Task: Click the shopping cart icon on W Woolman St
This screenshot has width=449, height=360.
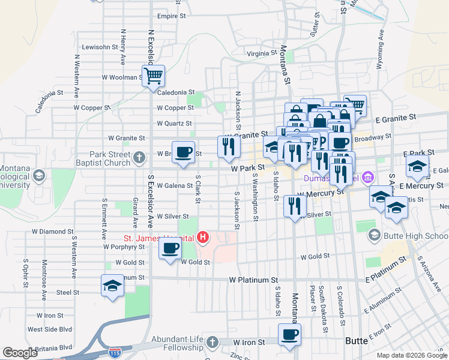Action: point(153,76)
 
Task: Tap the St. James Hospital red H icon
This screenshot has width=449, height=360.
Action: point(203,238)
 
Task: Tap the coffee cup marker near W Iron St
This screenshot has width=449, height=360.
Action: point(290,334)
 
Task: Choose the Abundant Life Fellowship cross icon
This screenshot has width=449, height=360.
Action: point(211,343)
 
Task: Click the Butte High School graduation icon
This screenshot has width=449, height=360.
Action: point(375,235)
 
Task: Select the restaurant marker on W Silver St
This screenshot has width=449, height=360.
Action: point(294,207)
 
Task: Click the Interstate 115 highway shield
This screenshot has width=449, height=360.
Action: point(114,350)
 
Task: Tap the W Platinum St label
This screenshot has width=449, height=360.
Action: point(253,280)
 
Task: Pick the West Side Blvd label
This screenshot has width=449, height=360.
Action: point(50,329)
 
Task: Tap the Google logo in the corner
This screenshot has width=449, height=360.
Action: point(20,353)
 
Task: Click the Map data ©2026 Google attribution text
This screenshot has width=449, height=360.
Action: point(412,355)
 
